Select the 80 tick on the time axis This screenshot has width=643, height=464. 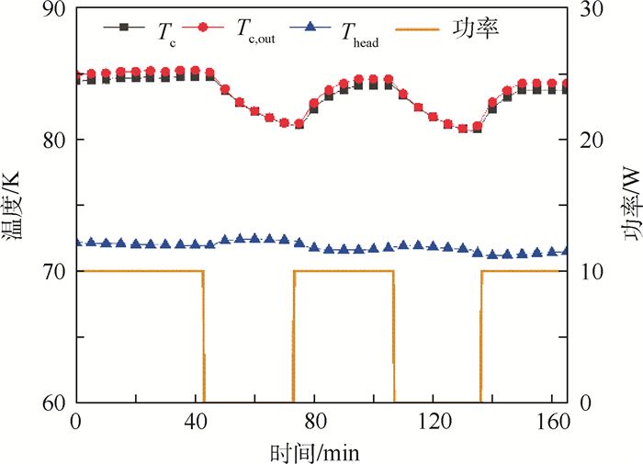314,422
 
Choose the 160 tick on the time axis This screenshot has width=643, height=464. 554,422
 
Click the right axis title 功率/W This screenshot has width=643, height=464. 631,207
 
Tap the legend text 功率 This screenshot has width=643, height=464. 476,29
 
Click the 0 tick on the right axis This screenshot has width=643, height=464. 580,403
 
